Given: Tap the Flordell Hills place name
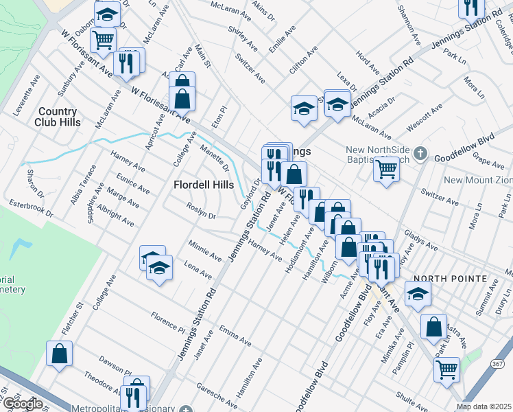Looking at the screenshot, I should coord(204,185).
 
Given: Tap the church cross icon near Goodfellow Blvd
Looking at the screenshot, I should coord(422,154).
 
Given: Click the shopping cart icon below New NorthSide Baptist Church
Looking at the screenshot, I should coord(387,169).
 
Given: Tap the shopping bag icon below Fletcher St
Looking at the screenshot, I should coord(60,354).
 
